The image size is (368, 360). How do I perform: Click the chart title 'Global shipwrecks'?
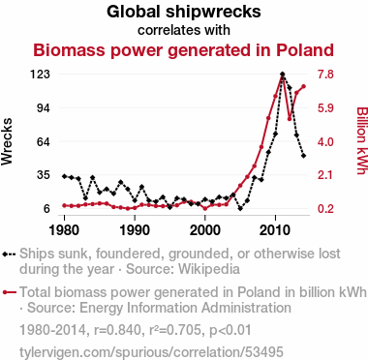pyautogui.click(x=184, y=12)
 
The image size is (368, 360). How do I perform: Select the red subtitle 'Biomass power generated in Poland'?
pyautogui.click(x=183, y=50)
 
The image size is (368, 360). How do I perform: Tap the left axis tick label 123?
pyautogui.click(x=40, y=75)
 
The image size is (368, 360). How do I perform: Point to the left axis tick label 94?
pyautogui.click(x=44, y=107)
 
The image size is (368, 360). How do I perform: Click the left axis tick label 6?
pyautogui.click(x=47, y=209)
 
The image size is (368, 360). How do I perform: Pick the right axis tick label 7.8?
pyautogui.click(x=325, y=75)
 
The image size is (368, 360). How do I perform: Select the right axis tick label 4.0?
pyautogui.click(x=325, y=141)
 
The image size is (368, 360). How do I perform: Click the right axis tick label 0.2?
pyautogui.click(x=325, y=209)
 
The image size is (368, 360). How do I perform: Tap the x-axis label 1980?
pyautogui.click(x=64, y=230)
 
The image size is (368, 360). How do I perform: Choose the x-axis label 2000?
pyautogui.click(x=205, y=230)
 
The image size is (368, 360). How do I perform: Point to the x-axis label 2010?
pyautogui.click(x=275, y=230)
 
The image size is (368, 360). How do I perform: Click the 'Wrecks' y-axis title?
pyautogui.click(x=7, y=141)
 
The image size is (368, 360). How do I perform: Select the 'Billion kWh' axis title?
pyautogui.click(x=362, y=140)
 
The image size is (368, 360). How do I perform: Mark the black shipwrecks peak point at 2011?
pyautogui.click(x=283, y=75)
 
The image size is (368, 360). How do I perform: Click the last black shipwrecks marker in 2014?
pyautogui.click(x=303, y=156)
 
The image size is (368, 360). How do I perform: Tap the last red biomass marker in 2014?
pyautogui.click(x=303, y=86)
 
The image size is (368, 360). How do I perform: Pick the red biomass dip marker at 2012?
pyautogui.click(x=290, y=119)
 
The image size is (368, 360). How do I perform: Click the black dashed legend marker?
pyautogui.click(x=9, y=255)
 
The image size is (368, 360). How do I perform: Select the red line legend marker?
pyautogui.click(x=9, y=292)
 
